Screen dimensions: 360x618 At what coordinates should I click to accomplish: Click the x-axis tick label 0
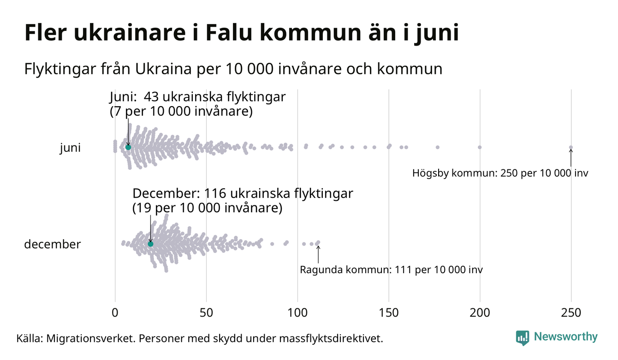coord(115,313)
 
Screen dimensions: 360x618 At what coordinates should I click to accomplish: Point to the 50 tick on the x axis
coord(206,313)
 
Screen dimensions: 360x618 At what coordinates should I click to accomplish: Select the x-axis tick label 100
coord(297,313)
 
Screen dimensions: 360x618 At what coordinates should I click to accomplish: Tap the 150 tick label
coord(389,313)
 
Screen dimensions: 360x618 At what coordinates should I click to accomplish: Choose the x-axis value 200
coord(480,313)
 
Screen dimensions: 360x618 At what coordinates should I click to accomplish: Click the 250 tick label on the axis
coord(571,313)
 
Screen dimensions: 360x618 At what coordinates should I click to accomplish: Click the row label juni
coord(70,148)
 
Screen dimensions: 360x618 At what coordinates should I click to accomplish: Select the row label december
coord(52,244)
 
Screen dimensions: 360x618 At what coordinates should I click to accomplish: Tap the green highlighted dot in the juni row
coord(128,147)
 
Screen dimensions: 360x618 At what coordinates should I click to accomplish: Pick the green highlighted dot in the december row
coord(150,244)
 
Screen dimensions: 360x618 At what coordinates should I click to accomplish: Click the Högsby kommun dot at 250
coord(571,148)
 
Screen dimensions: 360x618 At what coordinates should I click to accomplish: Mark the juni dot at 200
coord(480,147)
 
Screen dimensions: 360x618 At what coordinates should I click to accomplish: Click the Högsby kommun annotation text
coord(500,174)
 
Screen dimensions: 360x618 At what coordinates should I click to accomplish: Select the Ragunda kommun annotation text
coord(391,270)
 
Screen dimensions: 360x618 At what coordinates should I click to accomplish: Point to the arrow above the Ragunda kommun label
coord(318,253)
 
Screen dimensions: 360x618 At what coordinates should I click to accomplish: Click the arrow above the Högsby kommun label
coord(571,158)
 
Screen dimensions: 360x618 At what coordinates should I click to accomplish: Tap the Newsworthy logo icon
coord(523,337)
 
